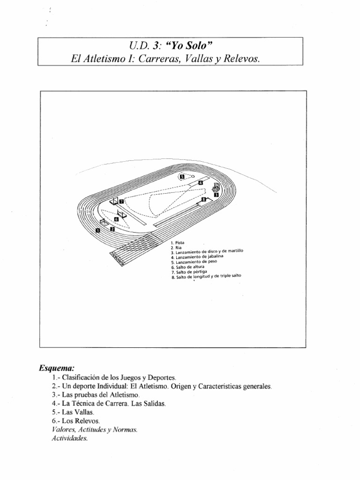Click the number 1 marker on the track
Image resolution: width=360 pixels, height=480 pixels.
click(x=97, y=231)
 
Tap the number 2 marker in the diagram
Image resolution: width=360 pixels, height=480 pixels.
click(x=112, y=229)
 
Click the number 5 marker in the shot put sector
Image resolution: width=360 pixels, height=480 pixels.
click(x=182, y=177)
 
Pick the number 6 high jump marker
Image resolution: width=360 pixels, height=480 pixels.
click(x=117, y=219)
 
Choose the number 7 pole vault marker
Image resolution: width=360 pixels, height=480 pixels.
click(x=121, y=201)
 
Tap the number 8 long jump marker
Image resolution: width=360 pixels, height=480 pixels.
click(x=203, y=199)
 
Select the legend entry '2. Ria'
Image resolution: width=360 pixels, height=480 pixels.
click(x=177, y=247)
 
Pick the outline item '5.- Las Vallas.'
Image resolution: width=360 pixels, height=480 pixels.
click(x=73, y=412)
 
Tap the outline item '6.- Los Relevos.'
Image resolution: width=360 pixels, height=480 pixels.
click(x=76, y=421)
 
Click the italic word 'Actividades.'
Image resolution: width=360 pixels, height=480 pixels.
click(x=68, y=439)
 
